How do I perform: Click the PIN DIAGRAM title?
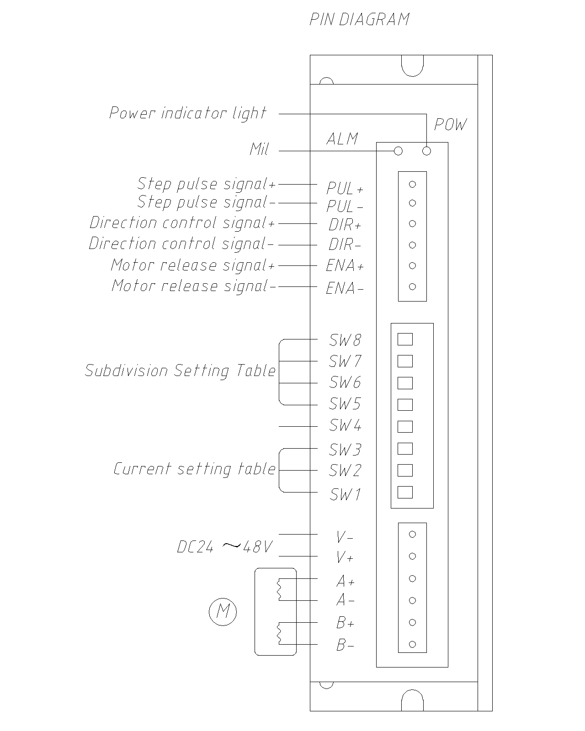(359, 20)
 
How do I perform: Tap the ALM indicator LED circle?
(398, 151)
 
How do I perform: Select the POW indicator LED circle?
(427, 151)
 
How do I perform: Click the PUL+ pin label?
(345, 188)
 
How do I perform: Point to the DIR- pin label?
(345, 245)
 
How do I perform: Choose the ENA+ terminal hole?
(412, 265)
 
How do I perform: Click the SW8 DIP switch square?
(405, 339)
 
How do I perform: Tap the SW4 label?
(345, 426)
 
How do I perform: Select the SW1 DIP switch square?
(405, 492)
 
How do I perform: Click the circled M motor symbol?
(223, 611)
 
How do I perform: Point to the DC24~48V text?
(225, 546)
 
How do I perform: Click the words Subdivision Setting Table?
(181, 371)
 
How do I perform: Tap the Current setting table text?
(195, 469)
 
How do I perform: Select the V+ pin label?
(345, 557)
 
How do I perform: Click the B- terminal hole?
(412, 644)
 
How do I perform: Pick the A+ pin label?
(345, 581)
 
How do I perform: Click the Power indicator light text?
(187, 113)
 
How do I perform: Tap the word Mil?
(259, 149)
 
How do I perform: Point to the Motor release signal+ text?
(193, 265)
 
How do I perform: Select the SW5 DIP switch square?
(405, 405)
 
